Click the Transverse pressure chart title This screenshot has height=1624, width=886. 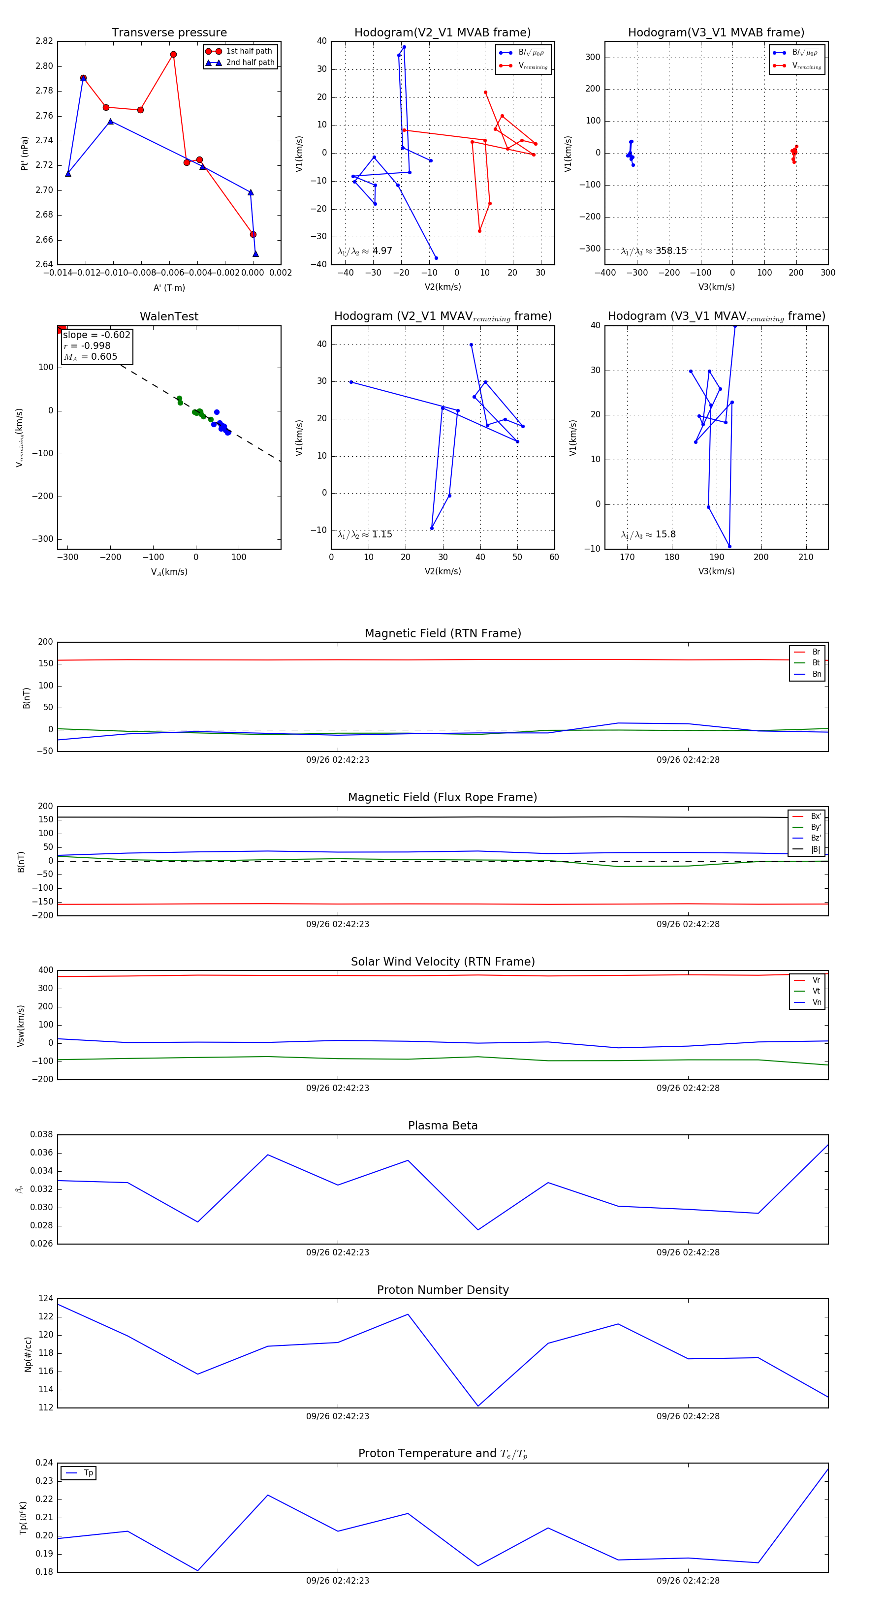click(169, 33)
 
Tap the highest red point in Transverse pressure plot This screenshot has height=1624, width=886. click(173, 55)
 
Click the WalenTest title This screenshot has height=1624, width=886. click(169, 316)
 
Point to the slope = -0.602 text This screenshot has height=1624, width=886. click(96, 335)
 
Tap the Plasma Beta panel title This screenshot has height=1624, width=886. click(443, 1125)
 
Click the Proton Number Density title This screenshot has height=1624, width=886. click(443, 1289)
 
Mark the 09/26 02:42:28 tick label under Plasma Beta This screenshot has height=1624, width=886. click(688, 1252)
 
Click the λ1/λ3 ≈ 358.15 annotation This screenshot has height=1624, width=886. click(654, 251)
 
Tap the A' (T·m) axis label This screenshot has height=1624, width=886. click(169, 287)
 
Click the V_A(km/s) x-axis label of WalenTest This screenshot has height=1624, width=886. click(169, 572)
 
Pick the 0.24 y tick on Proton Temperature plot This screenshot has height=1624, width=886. click(44, 1463)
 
